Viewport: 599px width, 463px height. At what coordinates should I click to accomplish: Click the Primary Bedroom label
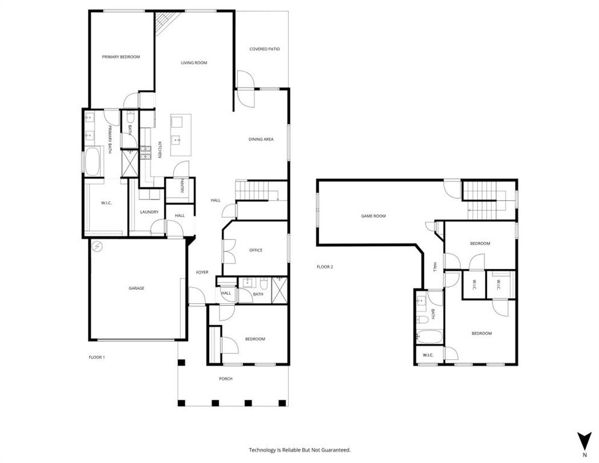pos(121,57)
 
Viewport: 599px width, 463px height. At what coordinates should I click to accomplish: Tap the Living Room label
pos(194,63)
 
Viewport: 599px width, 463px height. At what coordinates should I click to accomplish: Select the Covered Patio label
pos(265,49)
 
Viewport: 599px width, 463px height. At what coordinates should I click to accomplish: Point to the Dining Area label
pos(261,139)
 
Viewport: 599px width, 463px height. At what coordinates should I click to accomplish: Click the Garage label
pos(136,288)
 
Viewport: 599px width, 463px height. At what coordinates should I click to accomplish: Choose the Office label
pos(256,250)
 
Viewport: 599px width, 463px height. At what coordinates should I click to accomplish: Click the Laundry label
pos(149,212)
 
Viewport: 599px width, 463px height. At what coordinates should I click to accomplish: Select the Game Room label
pos(373,216)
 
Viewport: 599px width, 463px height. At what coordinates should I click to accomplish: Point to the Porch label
pos(225,379)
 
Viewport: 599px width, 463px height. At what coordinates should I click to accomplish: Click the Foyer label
pos(202,272)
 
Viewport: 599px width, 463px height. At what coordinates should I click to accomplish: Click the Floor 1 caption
pos(96,357)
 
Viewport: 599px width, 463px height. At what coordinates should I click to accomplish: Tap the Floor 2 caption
pos(325,266)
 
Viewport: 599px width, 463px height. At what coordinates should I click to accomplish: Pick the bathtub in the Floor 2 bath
pos(428,336)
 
